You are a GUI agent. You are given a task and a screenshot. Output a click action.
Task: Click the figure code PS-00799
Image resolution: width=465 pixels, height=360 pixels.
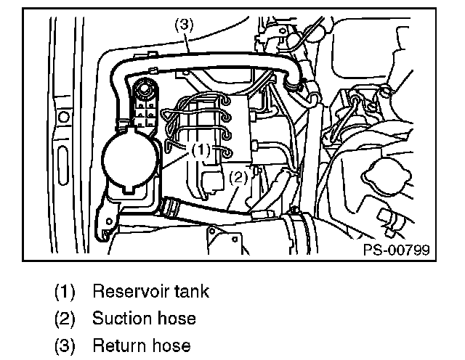pyautogui.click(x=396, y=250)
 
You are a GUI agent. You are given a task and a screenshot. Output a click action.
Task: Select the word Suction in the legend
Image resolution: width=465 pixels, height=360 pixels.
pyautogui.click(x=121, y=319)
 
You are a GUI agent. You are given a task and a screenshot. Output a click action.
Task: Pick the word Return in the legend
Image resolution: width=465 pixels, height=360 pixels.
pyautogui.click(x=118, y=345)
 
